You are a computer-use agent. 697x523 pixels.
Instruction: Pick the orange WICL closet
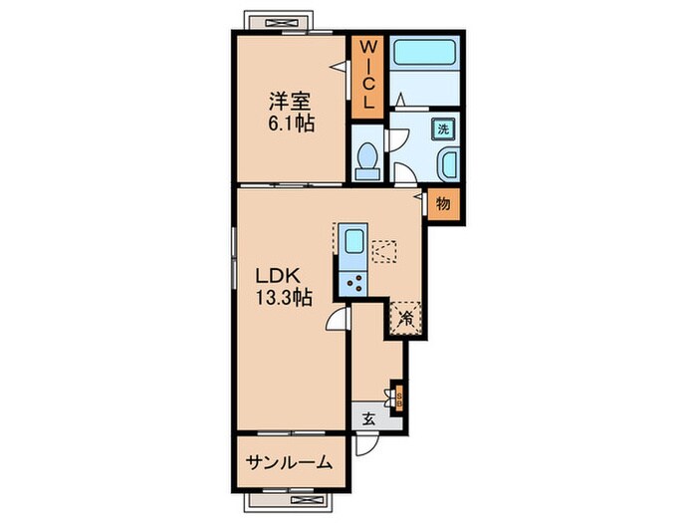tap(366, 75)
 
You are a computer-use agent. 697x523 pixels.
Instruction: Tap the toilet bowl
tap(366, 158)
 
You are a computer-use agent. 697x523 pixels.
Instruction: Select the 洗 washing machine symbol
tap(444, 128)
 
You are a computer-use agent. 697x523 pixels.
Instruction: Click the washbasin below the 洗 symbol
tap(445, 162)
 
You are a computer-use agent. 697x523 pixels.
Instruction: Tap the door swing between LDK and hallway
tap(339, 317)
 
